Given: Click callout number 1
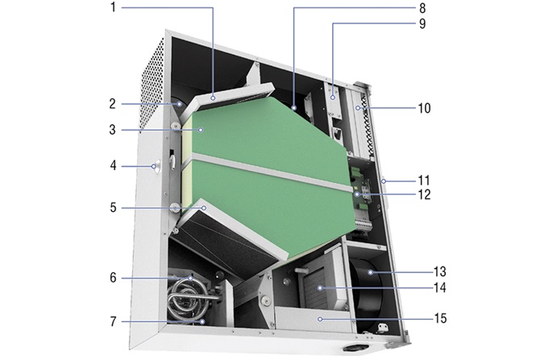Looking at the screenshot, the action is (x=113, y=7).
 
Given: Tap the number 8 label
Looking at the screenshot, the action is (x=422, y=8).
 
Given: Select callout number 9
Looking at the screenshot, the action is (x=422, y=23).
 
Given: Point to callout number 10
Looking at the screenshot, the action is (x=424, y=108).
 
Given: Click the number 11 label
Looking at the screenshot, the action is (x=424, y=180).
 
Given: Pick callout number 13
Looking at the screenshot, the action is (x=439, y=271).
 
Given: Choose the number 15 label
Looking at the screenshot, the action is (x=440, y=318).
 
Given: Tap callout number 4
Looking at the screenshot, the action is (x=113, y=166).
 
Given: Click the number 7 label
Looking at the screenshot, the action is (x=113, y=321).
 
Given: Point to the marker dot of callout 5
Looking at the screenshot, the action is (x=204, y=208).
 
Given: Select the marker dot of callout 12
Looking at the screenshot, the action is (x=358, y=194).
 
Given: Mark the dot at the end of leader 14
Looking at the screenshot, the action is (x=320, y=288).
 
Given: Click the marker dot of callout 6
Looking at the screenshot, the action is (x=190, y=278).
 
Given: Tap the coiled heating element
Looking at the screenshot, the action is (x=188, y=298).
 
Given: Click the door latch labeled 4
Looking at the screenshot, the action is (x=156, y=167).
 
